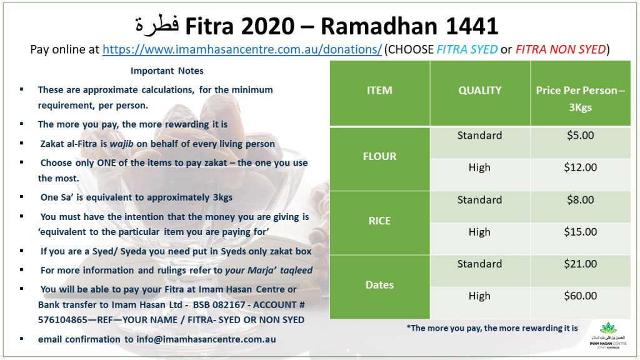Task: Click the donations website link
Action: (242, 49)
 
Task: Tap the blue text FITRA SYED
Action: (467, 49)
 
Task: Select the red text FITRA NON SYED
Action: (561, 49)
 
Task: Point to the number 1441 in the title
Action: (472, 26)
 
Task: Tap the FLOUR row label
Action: (379, 156)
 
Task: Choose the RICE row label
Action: (379, 221)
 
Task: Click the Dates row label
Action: (379, 285)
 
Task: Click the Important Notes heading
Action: (167, 71)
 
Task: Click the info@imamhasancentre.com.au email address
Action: (206, 339)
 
